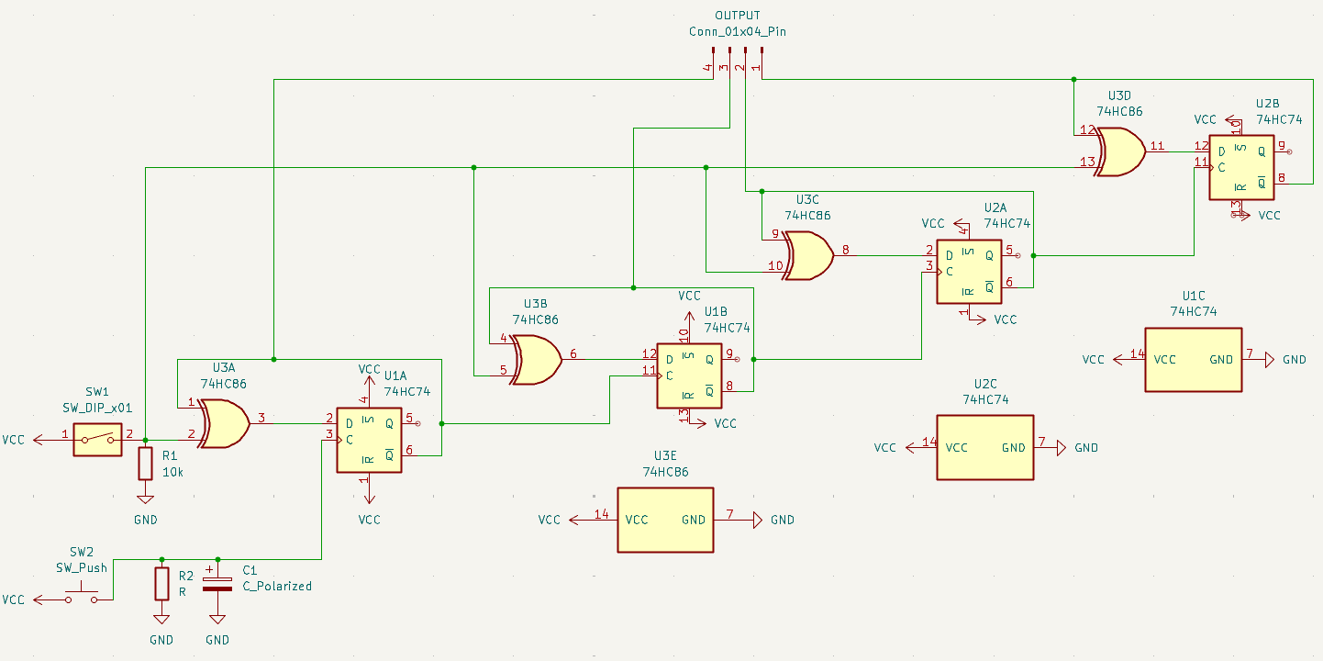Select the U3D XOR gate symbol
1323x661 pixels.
tap(1120, 151)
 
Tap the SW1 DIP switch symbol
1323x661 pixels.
tap(97, 440)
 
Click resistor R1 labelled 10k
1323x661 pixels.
tap(145, 464)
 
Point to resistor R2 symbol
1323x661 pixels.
tap(161, 583)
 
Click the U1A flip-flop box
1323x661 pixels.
tap(369, 440)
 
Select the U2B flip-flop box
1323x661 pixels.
tap(1241, 167)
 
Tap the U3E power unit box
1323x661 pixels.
tap(665, 520)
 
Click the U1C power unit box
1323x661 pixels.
tap(1193, 360)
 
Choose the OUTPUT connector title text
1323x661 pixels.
tap(738, 17)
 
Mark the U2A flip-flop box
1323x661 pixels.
tap(969, 272)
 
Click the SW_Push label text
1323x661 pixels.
tap(82, 567)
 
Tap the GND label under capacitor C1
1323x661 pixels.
tap(217, 640)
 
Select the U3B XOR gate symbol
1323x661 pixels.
tap(537, 359)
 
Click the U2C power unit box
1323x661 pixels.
tap(984, 448)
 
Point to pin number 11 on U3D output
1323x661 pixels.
tap(1157, 146)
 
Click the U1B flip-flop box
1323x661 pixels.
tap(689, 376)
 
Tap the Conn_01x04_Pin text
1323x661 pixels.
tap(738, 31)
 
